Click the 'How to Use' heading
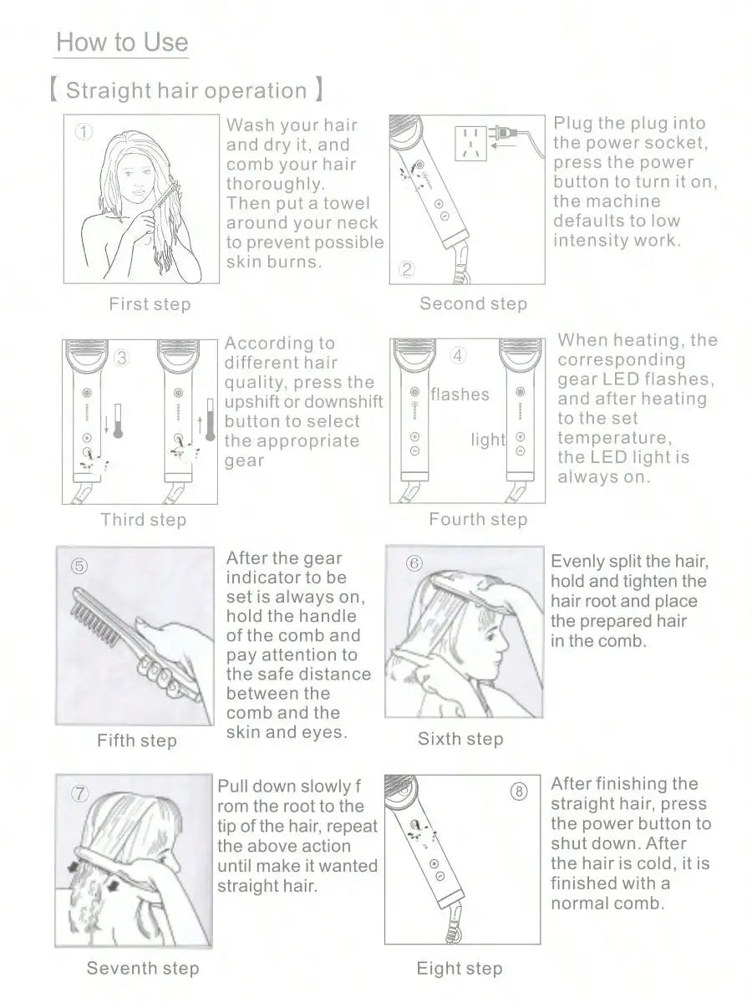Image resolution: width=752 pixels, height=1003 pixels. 122,43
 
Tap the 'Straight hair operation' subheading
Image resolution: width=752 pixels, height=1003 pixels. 186,90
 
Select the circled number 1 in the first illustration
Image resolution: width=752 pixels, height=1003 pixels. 84,132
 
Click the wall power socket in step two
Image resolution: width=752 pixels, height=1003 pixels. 470,144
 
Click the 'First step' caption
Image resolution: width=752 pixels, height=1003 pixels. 150,304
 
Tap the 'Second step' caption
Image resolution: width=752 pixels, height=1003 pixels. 474,303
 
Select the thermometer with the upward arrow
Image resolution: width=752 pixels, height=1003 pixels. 210,420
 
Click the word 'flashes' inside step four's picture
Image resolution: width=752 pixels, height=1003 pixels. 460,394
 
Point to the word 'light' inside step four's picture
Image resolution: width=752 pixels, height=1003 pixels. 488,440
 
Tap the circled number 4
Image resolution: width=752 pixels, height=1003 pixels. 458,355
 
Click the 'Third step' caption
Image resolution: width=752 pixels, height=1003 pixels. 144,520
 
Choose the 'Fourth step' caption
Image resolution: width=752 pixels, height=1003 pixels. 478,519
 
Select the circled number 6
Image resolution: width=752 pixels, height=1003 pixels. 414,563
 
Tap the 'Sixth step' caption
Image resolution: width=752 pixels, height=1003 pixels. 460,739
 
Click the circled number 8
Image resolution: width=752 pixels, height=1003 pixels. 519,791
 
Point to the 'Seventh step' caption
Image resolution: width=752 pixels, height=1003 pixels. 143,968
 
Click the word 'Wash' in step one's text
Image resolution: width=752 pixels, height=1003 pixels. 251,125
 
